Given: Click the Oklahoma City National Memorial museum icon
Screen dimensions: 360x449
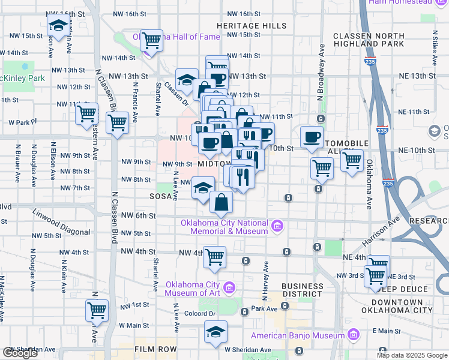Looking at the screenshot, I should (277, 226).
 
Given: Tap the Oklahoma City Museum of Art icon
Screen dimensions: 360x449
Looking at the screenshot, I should (229, 289).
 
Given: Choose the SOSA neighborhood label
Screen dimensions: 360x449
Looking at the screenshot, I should (161, 196).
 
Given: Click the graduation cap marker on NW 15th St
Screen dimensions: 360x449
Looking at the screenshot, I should (58, 26).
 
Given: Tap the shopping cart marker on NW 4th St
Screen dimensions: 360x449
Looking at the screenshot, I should (214, 257).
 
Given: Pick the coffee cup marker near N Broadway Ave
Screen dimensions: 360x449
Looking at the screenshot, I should (311, 136).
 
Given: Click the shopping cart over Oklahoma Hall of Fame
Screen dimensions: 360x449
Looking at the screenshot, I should (152, 40).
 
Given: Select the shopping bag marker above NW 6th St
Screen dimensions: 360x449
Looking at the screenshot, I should (221, 202).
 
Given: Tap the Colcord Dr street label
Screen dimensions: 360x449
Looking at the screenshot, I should (200, 313).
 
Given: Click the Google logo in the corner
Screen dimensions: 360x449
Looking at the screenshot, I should (20, 353).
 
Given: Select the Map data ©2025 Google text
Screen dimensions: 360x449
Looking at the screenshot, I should (411, 355).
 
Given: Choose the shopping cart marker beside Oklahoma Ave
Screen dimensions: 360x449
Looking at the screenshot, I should (352, 160).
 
